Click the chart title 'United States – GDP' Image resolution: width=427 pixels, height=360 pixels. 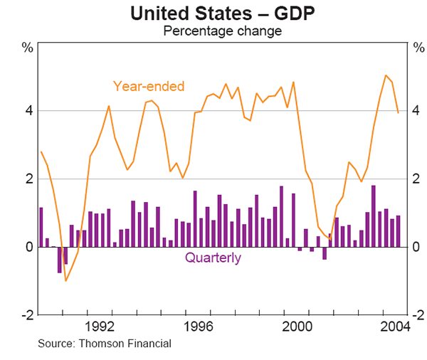click(213, 13)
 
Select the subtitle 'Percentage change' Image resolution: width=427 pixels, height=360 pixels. click(213, 31)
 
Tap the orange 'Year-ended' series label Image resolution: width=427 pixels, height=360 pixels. click(149, 87)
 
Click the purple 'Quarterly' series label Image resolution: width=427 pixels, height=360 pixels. click(213, 258)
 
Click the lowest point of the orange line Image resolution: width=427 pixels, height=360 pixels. click(65, 280)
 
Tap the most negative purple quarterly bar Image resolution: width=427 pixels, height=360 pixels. click(60, 260)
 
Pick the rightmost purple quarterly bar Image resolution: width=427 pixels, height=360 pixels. click(399, 231)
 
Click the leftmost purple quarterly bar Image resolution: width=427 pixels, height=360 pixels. click(41, 227)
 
